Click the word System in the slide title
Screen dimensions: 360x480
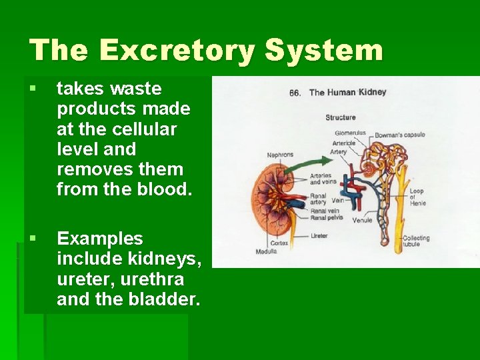click(324, 50)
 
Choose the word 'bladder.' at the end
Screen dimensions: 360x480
click(167, 299)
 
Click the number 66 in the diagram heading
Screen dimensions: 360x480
click(295, 93)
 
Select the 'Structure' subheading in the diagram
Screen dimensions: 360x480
click(341, 117)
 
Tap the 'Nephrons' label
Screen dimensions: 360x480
click(280, 155)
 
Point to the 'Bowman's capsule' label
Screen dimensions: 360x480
click(399, 135)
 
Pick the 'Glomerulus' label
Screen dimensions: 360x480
click(348, 133)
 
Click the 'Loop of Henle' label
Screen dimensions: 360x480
click(417, 197)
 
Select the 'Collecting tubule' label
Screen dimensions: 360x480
click(416, 241)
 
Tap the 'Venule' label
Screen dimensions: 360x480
click(362, 220)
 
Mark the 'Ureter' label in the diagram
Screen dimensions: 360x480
click(319, 235)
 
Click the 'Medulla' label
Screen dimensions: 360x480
click(266, 251)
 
